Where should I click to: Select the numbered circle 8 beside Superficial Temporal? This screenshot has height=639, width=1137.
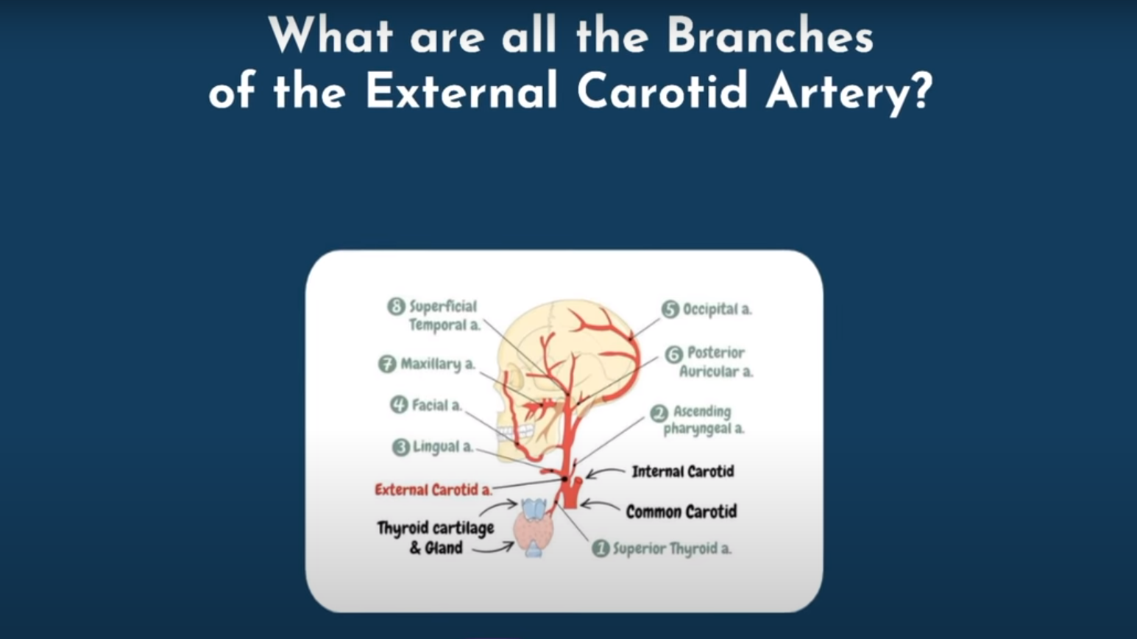[x=397, y=306]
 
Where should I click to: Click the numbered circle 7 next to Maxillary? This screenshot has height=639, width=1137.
[x=387, y=364]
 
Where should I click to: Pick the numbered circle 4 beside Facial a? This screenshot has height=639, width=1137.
[x=399, y=405]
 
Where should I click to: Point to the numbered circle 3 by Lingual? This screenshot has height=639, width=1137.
[x=401, y=448]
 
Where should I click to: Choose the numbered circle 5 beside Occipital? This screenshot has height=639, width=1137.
[x=670, y=309]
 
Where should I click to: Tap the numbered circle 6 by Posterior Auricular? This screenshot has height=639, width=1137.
[x=674, y=354]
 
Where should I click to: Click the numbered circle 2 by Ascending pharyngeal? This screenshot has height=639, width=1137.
[x=659, y=414]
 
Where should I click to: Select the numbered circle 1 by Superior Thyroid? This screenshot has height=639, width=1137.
[x=601, y=548]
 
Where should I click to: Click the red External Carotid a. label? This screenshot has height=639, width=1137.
[x=433, y=490]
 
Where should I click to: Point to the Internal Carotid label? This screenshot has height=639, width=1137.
[x=683, y=472]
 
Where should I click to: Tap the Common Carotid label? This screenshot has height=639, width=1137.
[x=681, y=512]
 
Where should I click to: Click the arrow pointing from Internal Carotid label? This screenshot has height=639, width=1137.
[x=605, y=473]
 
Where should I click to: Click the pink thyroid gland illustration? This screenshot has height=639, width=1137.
[x=534, y=530]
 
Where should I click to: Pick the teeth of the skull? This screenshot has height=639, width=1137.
[x=516, y=432]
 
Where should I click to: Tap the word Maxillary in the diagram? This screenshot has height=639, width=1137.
[x=431, y=364]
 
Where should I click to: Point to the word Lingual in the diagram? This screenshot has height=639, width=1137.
[x=436, y=447]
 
